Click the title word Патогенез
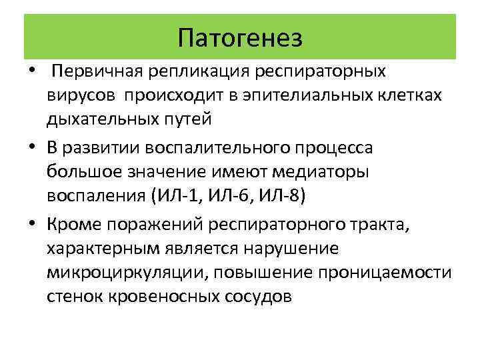(x=240, y=37)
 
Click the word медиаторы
(x=323, y=171)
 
